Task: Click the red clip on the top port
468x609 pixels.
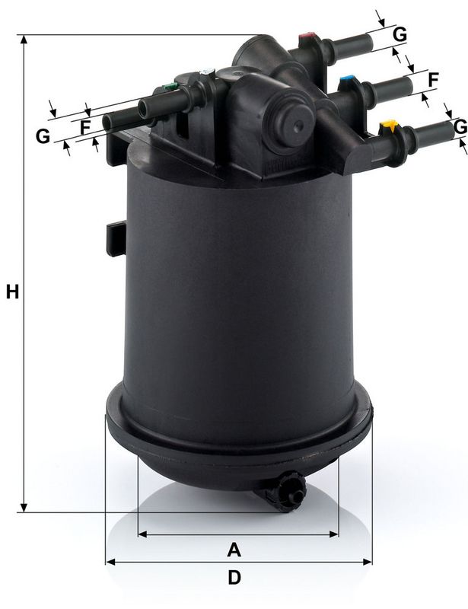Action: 308,36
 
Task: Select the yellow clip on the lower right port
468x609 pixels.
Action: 390,126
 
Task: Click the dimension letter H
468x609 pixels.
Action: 12,291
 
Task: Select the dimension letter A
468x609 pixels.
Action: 234,548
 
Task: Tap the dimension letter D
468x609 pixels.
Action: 234,578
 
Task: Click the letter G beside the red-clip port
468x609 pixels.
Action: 400,33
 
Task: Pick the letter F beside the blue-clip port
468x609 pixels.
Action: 434,78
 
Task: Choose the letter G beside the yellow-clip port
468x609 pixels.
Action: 460,127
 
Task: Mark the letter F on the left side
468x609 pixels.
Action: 85,126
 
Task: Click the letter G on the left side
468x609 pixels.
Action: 43,136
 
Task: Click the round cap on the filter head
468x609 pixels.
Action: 294,120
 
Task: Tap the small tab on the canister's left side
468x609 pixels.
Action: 113,235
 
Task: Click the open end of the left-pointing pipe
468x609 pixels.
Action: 110,120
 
